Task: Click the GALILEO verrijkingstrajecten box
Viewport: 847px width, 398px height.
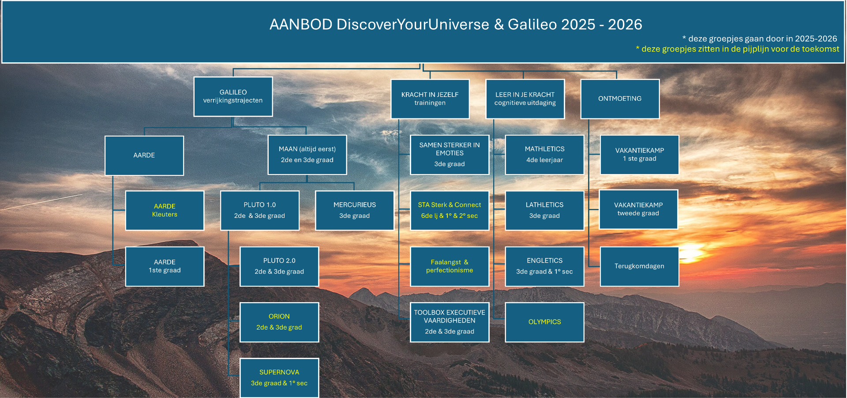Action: [233, 97]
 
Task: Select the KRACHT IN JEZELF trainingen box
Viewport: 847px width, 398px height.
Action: [430, 99]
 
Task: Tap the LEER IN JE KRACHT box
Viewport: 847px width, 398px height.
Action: [525, 99]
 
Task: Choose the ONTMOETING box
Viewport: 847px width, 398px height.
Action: [620, 99]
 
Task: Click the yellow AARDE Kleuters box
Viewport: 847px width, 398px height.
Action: [165, 211]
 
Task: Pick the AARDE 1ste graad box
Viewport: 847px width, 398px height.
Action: [165, 266]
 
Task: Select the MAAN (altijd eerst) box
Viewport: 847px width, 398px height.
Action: [307, 155]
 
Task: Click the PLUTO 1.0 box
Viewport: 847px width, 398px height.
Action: [260, 211]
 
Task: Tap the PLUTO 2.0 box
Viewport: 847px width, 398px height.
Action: [279, 266]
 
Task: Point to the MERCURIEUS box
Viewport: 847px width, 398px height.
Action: [355, 211]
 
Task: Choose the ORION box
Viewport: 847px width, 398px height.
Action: [279, 322]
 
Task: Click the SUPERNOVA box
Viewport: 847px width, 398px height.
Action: [279, 378]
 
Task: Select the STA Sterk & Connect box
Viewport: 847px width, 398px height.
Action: [450, 211]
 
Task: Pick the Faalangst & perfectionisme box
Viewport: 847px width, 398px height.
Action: [450, 266]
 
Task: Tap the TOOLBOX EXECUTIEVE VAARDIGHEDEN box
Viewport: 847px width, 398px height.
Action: [450, 322]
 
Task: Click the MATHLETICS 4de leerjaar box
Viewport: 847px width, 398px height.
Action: [544, 155]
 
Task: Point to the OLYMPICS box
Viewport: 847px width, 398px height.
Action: [544, 322]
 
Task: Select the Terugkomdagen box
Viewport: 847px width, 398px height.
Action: [639, 266]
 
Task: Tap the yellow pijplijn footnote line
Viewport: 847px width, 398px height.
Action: [738, 49]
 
